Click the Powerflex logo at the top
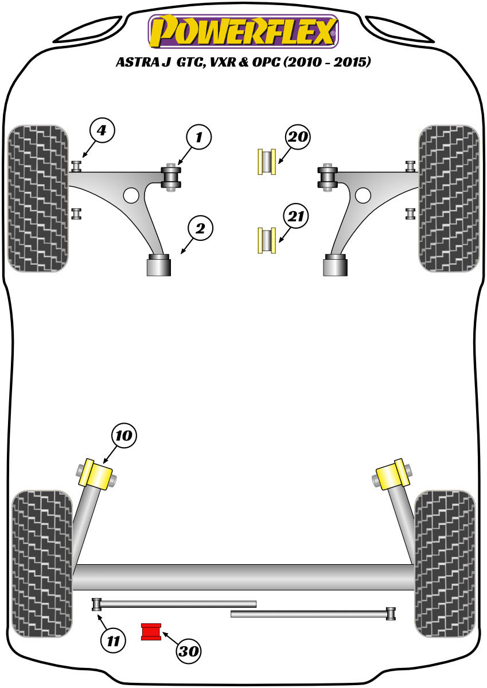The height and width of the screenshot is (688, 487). (243, 31)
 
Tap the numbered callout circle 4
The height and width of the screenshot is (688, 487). (102, 131)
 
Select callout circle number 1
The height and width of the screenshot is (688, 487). (198, 138)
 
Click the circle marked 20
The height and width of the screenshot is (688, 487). (298, 138)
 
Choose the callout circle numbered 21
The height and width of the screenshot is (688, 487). (296, 217)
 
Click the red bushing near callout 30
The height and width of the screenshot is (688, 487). (152, 631)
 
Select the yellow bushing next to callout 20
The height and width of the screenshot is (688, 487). (267, 162)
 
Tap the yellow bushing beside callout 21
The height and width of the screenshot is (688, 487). (267, 240)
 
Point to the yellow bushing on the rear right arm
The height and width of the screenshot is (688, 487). (391, 475)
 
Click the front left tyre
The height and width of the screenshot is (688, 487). (38, 198)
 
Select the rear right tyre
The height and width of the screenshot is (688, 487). (445, 563)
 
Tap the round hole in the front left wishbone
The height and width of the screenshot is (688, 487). (131, 195)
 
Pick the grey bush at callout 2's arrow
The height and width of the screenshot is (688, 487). (159, 265)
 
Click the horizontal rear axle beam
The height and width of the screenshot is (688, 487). (244, 577)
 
